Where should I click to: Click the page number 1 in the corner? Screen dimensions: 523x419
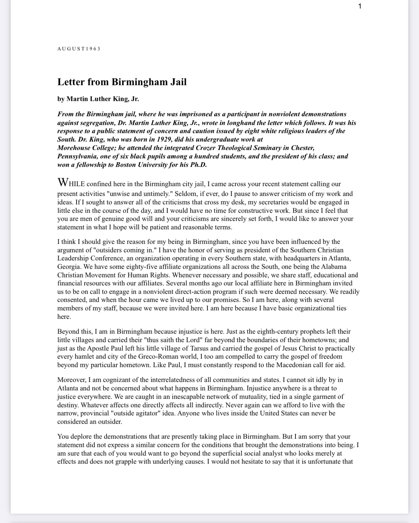click(x=360, y=6)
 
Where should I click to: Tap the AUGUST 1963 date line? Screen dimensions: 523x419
click(x=79, y=49)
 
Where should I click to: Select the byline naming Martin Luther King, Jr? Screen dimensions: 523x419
click(x=98, y=99)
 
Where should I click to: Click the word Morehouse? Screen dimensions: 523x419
click(x=73, y=148)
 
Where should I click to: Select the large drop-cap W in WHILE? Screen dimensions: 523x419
click(x=63, y=182)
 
